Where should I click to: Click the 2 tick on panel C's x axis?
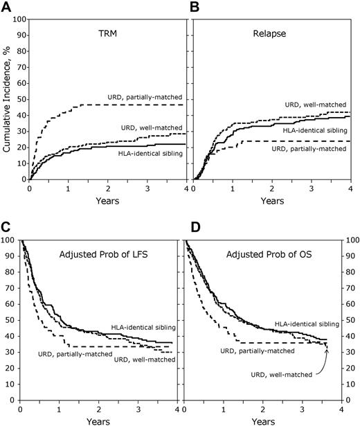[98, 409]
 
